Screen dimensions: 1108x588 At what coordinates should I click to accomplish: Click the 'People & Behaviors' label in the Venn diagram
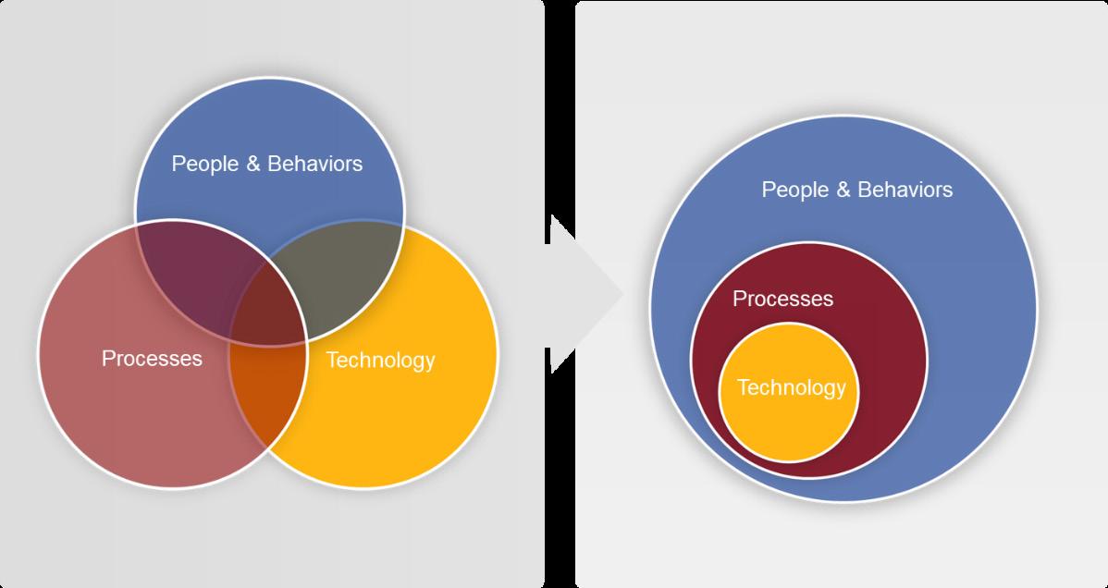[x=267, y=165]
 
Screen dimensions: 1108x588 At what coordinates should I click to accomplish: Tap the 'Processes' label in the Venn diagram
[x=152, y=358]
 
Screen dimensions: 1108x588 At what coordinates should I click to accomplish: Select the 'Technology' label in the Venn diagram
[x=380, y=360]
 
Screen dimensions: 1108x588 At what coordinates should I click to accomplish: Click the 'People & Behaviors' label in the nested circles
[x=856, y=190]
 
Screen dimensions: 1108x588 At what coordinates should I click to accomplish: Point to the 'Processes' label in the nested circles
[x=782, y=299]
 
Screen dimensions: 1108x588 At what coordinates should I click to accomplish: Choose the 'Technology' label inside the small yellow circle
[x=791, y=387]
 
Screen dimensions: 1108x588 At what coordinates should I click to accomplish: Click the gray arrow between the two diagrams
[x=583, y=294]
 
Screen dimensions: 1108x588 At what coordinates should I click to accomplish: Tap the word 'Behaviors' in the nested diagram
[x=905, y=190]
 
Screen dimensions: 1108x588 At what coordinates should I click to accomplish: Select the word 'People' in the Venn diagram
[x=205, y=165]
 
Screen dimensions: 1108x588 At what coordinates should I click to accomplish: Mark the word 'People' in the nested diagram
[x=794, y=190]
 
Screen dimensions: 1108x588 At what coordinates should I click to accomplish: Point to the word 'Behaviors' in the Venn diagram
[x=315, y=165]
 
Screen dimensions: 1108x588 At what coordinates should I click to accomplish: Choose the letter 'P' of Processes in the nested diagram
[x=738, y=299]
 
